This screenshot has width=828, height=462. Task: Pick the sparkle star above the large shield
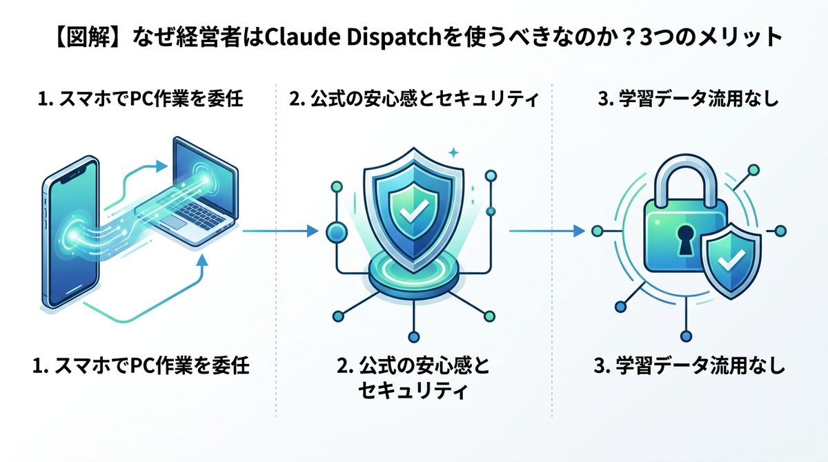(453, 153)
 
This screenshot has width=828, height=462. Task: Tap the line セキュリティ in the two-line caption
(413, 392)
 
